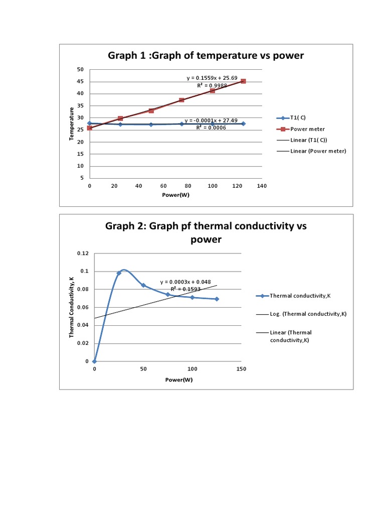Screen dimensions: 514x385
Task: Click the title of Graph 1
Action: [206, 56]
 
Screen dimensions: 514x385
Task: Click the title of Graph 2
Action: [206, 232]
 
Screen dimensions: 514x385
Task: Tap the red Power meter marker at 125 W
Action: [243, 81]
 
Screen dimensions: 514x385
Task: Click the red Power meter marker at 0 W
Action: [89, 128]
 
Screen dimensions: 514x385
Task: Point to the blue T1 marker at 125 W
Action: [243, 123]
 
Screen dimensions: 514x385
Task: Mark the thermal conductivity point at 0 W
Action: [94, 361]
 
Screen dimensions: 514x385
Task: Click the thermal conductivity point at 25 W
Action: [119, 273]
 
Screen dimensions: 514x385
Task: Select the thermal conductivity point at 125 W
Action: [217, 299]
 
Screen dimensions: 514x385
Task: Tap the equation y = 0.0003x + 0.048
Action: [186, 282]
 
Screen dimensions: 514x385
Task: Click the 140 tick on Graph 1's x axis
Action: [261, 186]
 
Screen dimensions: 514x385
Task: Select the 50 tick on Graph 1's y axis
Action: [80, 69]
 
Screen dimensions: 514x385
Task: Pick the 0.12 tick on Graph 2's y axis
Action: [83, 253]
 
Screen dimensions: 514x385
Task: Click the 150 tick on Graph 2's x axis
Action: [241, 369]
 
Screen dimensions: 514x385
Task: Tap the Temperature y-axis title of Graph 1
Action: [72, 124]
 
